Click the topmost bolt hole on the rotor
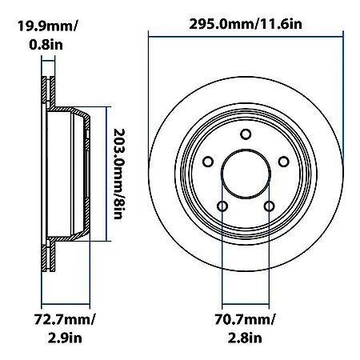246,134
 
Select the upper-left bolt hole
209,162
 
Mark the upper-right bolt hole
283,162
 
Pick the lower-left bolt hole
223,206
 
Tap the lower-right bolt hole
270,206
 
